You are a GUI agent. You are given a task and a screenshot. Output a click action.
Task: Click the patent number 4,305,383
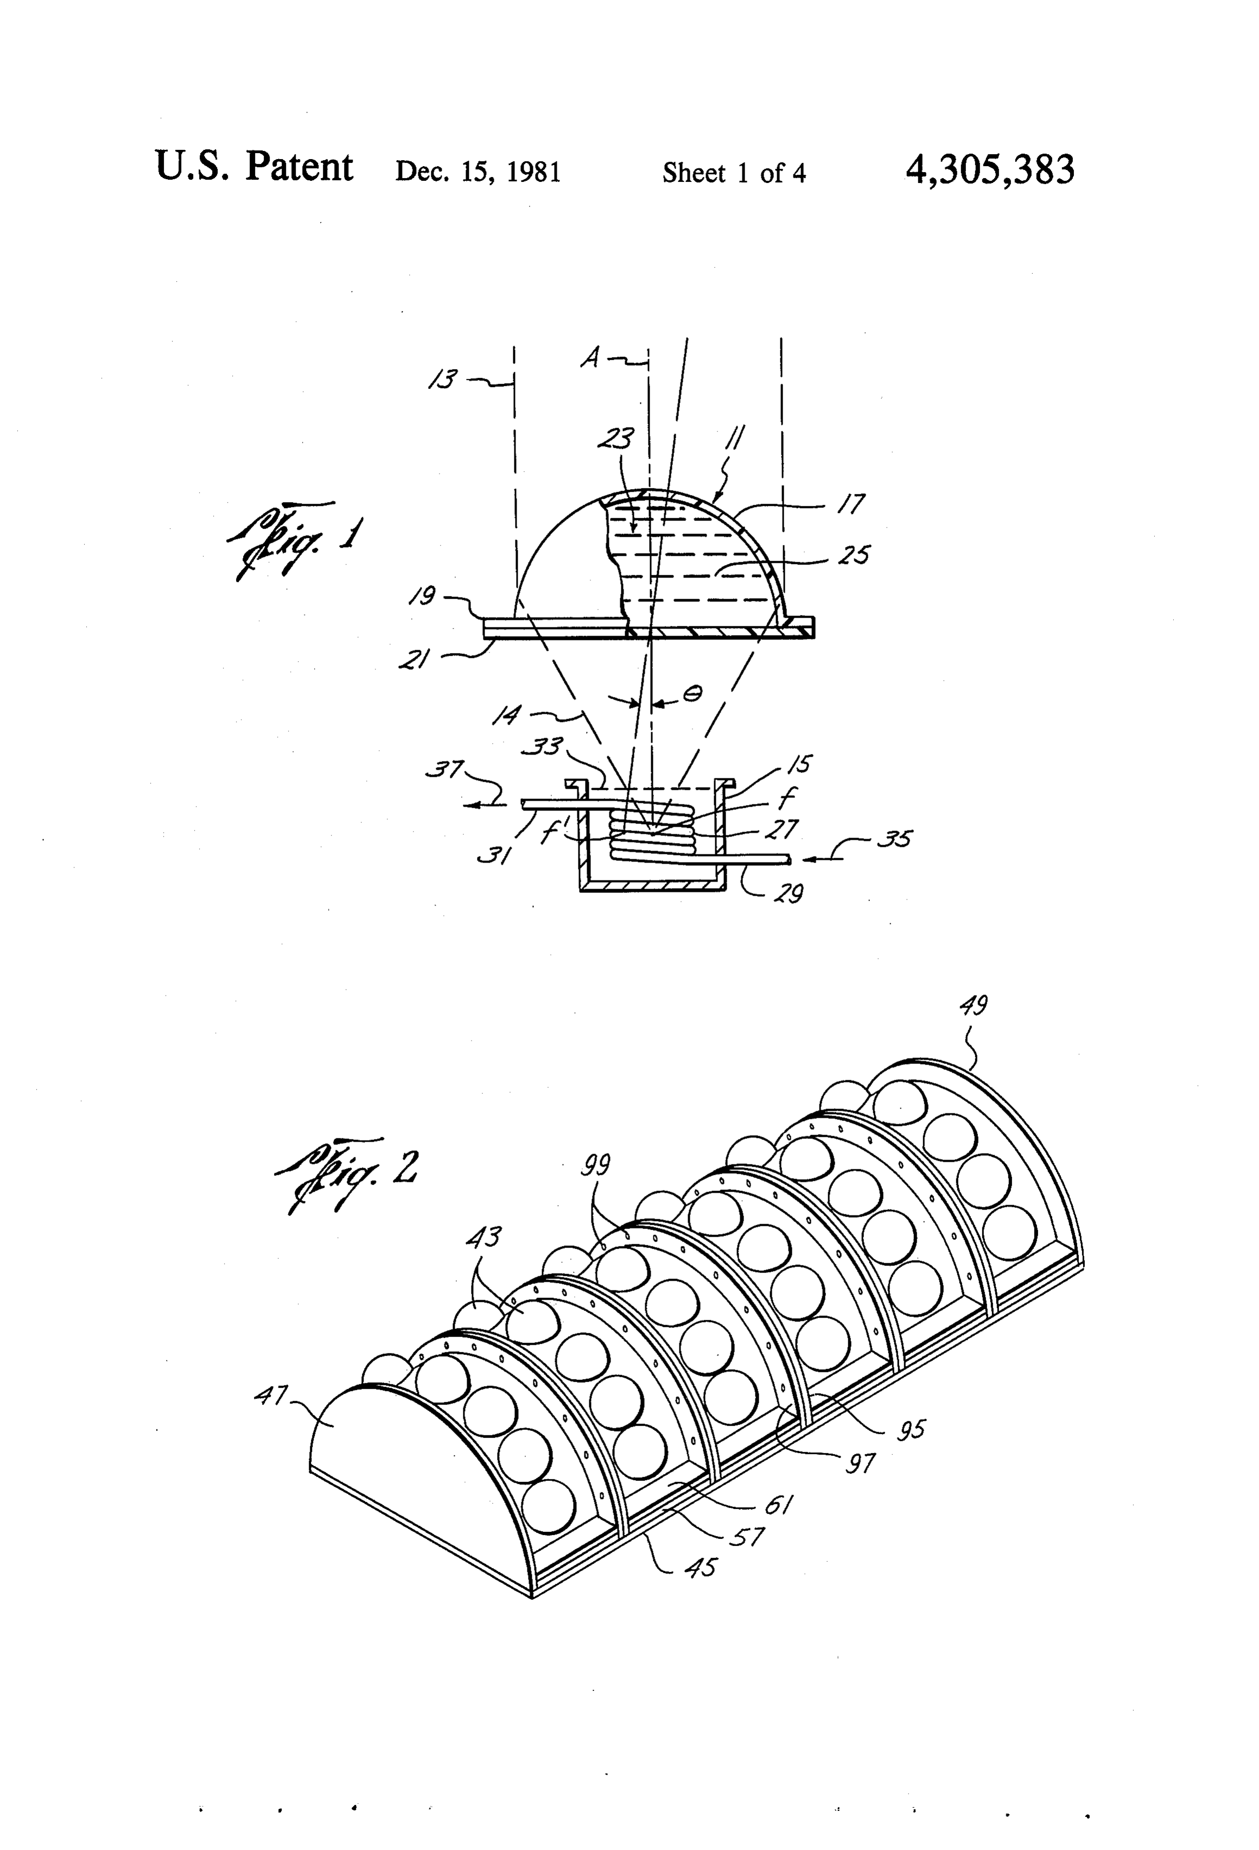(x=989, y=169)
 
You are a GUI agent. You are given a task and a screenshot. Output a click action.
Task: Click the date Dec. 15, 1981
(x=478, y=172)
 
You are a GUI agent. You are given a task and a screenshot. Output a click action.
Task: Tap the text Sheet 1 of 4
(x=734, y=173)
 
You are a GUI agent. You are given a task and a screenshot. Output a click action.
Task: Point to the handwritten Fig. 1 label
(x=295, y=539)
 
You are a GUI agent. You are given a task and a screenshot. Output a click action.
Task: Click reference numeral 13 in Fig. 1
(x=443, y=378)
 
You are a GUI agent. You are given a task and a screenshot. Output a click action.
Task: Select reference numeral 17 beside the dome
(x=850, y=503)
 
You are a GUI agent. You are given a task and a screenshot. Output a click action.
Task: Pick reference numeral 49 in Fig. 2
(x=974, y=1006)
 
